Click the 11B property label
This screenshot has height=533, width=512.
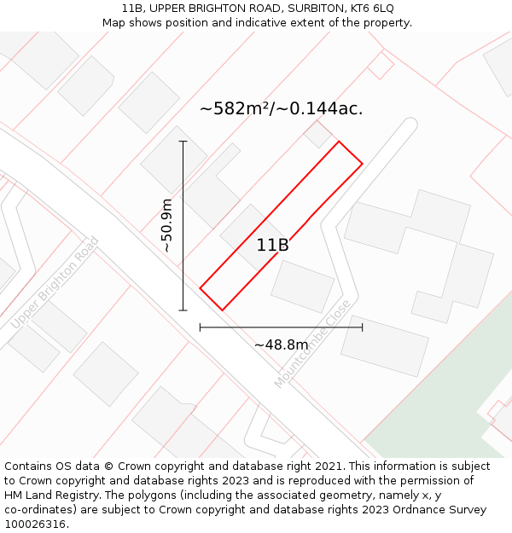[x=272, y=246]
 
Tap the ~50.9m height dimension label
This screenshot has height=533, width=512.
[x=167, y=226]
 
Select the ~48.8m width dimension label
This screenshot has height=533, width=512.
[x=281, y=345]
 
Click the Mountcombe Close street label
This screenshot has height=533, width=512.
[x=312, y=345]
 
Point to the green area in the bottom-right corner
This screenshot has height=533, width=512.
[x=427, y=418]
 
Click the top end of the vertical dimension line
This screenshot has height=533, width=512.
[x=183, y=141]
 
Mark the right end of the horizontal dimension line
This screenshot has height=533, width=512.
[x=363, y=327]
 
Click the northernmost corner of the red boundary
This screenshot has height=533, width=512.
[x=339, y=142]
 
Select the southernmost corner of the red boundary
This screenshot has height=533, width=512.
[x=222, y=310]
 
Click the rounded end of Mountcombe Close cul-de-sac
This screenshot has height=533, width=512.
[x=408, y=125]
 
